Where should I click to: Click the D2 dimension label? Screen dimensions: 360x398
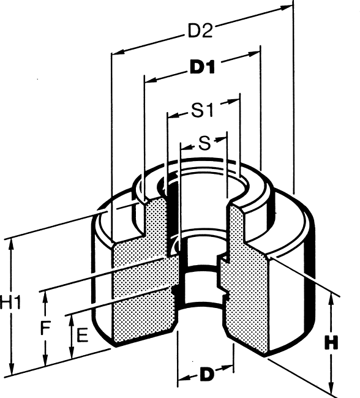pos(200,31)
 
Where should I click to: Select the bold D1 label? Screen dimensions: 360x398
pos(202,67)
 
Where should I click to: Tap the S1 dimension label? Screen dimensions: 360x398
pos(202,110)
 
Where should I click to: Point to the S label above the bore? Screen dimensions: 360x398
pos(204,143)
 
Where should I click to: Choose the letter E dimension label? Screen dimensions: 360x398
pos(82,335)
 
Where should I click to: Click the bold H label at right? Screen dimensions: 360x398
pos(332,343)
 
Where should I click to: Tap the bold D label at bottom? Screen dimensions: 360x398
pos(207,374)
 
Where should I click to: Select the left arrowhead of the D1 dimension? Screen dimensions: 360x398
pos(150,80)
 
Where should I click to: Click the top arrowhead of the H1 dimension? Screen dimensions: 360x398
pos(12,245)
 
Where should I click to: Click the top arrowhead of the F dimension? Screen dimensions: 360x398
pos(45,297)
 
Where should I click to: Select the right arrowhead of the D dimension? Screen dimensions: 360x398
pos(228,367)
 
